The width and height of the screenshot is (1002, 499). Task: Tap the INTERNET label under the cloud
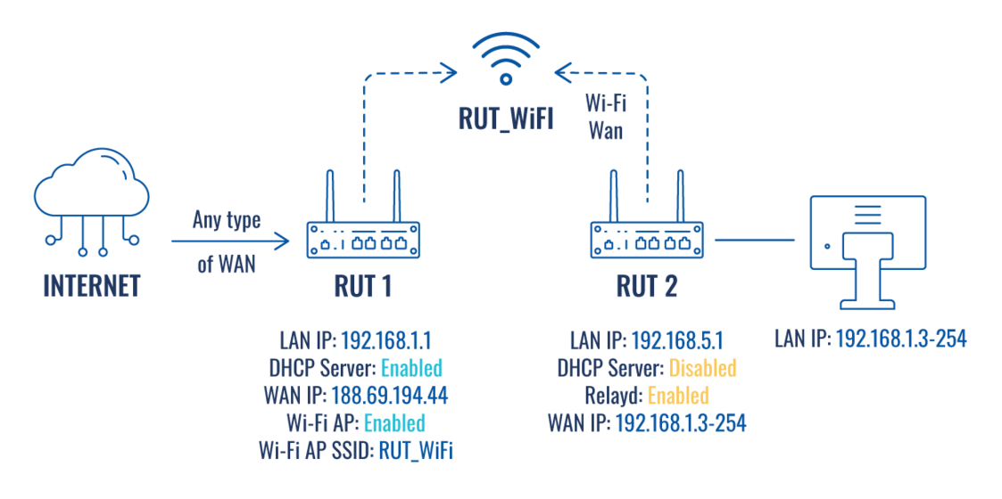tap(92, 286)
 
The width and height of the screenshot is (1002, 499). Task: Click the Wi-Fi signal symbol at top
tap(506, 59)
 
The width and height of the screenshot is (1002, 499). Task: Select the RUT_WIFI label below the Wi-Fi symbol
tap(506, 118)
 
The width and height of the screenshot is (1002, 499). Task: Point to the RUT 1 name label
tap(362, 286)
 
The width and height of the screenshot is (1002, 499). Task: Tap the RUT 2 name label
tap(647, 286)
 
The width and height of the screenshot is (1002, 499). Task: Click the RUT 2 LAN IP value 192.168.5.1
tap(676, 340)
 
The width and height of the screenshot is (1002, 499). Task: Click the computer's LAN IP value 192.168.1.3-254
tap(900, 340)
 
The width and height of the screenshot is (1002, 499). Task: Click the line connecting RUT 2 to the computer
tap(754, 239)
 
